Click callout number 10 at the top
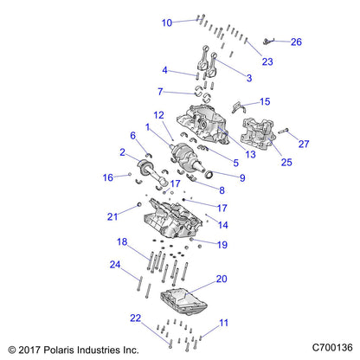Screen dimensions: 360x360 (x=167, y=22)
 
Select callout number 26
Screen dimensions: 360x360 (x=296, y=42)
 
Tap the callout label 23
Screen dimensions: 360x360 (x=267, y=61)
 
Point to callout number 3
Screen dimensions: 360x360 (x=249, y=79)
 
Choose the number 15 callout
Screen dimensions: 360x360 (x=265, y=102)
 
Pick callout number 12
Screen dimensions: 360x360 (x=158, y=115)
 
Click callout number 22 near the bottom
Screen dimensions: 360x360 (x=134, y=318)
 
